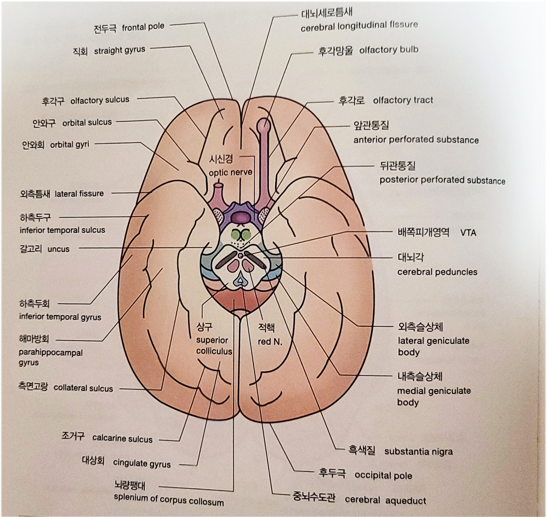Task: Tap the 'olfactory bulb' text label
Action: coord(389,50)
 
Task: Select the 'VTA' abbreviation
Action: coord(468,233)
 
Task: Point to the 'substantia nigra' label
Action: coord(418,451)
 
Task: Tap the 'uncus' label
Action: coord(59,249)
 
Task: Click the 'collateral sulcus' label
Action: coord(83,388)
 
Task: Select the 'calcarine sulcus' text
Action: coord(122,438)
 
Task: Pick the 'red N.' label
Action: coord(270,341)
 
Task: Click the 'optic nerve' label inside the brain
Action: coord(230,172)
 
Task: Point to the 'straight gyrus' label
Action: coord(119,51)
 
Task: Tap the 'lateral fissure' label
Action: coord(79,194)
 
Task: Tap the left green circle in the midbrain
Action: coord(235,235)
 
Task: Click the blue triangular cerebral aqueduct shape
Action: coord(241,281)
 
